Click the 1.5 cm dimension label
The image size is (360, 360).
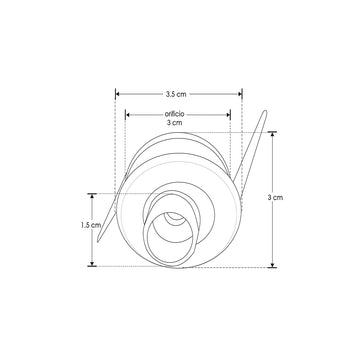[88, 226]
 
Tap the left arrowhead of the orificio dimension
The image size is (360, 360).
[127, 114]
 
